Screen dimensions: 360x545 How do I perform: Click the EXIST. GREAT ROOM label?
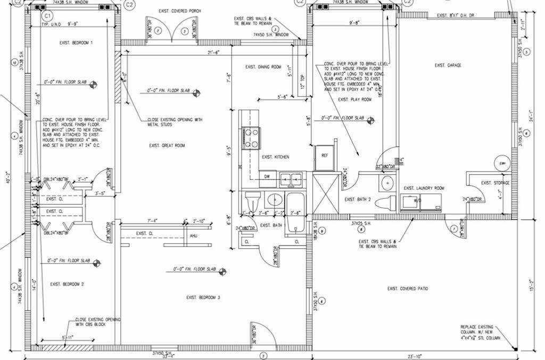coord(167,145)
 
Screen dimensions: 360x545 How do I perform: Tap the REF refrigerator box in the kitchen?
coord(324,154)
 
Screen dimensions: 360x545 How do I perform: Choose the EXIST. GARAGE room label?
coord(448,66)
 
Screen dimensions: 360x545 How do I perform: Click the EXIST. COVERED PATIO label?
coord(408,289)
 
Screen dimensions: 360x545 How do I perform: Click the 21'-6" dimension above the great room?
coord(214,52)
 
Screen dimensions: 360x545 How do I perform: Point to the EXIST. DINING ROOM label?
coord(263,67)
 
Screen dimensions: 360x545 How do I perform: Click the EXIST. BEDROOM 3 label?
coord(202,297)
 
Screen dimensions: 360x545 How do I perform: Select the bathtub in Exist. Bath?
coord(296,209)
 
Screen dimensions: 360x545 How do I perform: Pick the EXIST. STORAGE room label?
coord(495,183)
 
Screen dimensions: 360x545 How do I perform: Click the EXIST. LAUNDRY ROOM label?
coord(424,188)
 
